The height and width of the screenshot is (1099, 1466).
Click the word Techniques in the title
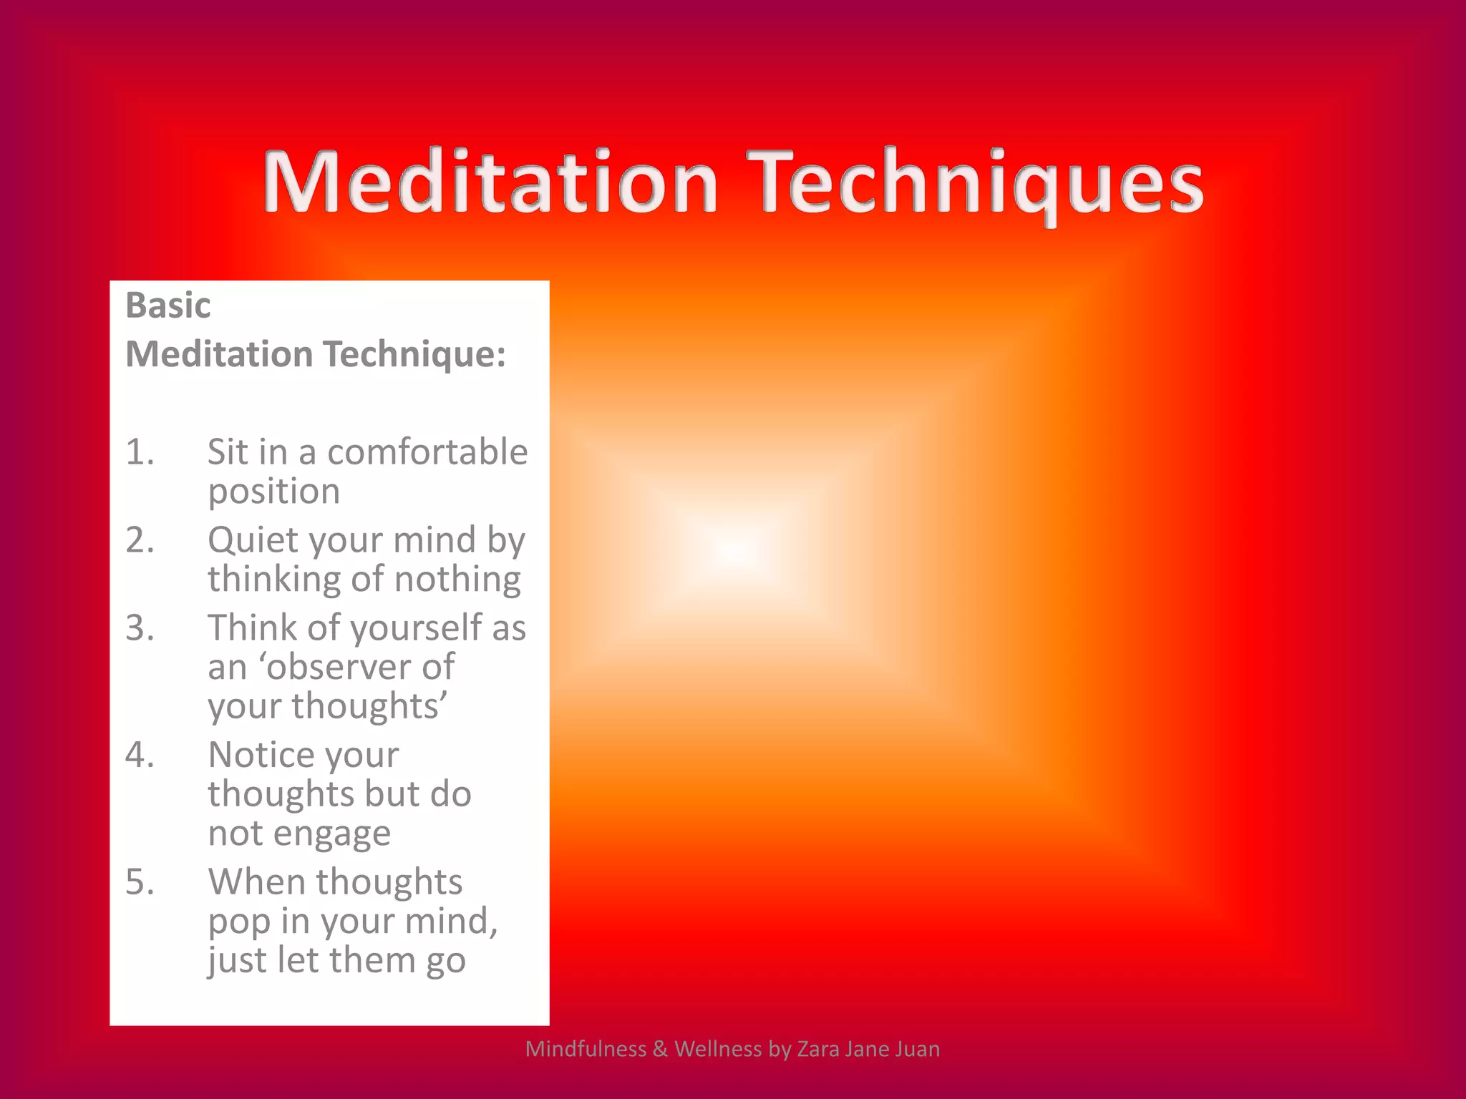tap(979, 182)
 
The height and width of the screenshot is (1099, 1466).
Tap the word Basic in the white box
tap(168, 306)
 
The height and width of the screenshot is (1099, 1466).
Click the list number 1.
tap(140, 452)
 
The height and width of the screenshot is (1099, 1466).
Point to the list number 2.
tap(140, 540)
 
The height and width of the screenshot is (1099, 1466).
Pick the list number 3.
tap(140, 628)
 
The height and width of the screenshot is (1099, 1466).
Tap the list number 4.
tap(140, 756)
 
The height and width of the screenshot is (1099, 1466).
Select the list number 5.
tap(140, 882)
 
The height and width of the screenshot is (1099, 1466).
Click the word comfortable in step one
tap(427, 452)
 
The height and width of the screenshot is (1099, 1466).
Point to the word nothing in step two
tap(457, 580)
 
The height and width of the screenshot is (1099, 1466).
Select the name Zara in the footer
tap(818, 1049)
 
